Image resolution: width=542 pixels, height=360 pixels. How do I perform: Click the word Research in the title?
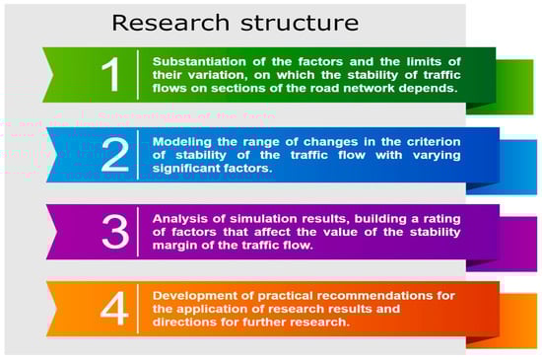pos(170,23)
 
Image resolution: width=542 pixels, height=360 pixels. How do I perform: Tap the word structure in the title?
pos(300,23)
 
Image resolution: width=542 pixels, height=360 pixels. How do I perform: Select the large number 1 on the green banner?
pos(111,75)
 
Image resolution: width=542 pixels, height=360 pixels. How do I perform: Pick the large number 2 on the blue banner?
pos(115,155)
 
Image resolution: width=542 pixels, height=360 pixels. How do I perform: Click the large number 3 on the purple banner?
pos(115,232)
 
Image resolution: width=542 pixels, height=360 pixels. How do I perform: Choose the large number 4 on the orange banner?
pos(114,309)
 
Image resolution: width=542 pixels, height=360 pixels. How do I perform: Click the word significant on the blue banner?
pos(185,169)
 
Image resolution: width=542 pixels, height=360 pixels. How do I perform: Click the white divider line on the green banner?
pos(138,75)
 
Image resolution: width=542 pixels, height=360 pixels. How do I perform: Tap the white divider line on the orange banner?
pos(138,309)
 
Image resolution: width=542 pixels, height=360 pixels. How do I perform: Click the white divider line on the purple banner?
pos(138,232)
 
